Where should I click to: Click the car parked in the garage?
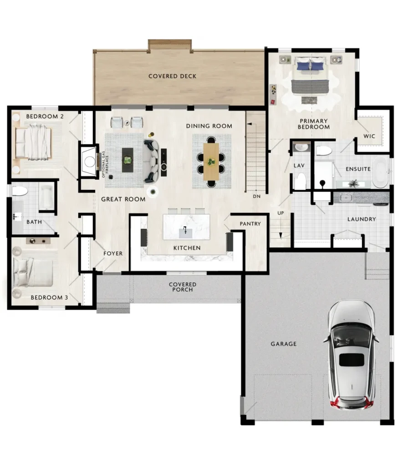(351, 355)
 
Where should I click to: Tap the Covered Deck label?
(173, 76)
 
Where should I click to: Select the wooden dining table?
(211, 162)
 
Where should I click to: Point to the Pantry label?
(250, 224)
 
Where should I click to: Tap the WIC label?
(369, 136)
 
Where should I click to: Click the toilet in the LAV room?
(301, 181)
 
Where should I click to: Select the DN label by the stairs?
(257, 197)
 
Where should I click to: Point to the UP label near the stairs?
(281, 213)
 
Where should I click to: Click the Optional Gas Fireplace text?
(105, 164)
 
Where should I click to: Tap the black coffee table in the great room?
(128, 160)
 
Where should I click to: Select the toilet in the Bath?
(20, 191)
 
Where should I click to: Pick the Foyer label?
(113, 253)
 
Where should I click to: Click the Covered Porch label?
(183, 287)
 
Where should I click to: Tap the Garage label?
(283, 344)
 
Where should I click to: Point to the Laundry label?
(362, 219)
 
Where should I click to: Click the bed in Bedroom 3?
(33, 273)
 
